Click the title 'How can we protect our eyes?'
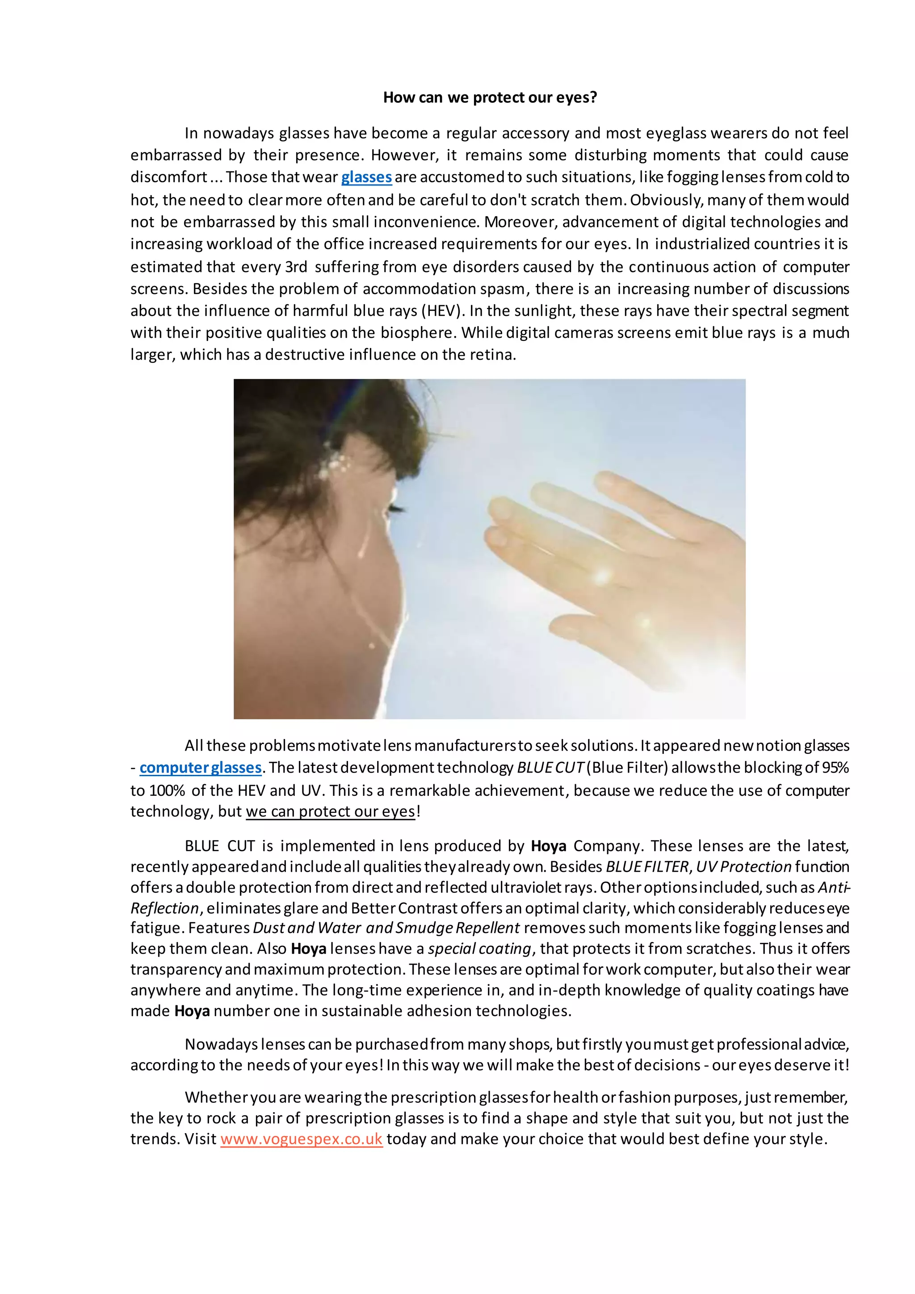point(490,97)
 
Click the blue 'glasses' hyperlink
point(366,177)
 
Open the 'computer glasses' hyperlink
point(201,768)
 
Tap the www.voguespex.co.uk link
point(302,1139)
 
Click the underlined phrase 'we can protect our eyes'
point(331,811)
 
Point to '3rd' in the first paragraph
point(296,267)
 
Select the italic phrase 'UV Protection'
point(744,867)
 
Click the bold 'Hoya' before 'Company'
point(548,846)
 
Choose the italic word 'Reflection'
point(164,908)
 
